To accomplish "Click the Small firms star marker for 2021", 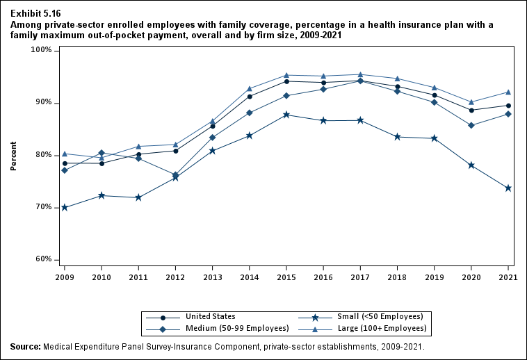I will [508, 188].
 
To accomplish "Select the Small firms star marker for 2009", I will [65, 207].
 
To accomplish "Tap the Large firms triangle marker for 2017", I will [360, 74].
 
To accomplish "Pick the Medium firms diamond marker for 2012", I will [175, 175].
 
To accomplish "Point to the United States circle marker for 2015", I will [286, 81].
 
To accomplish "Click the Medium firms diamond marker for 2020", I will [471, 125].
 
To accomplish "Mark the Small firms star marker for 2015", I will [286, 115].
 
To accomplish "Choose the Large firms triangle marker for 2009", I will [65, 154].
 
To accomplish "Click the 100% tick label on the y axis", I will [42, 51].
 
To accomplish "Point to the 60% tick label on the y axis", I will [43, 259].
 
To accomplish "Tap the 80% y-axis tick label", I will [43, 155].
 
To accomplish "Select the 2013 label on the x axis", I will [212, 276].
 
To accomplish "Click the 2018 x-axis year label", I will [397, 276].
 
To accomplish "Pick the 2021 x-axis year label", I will [508, 276].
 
